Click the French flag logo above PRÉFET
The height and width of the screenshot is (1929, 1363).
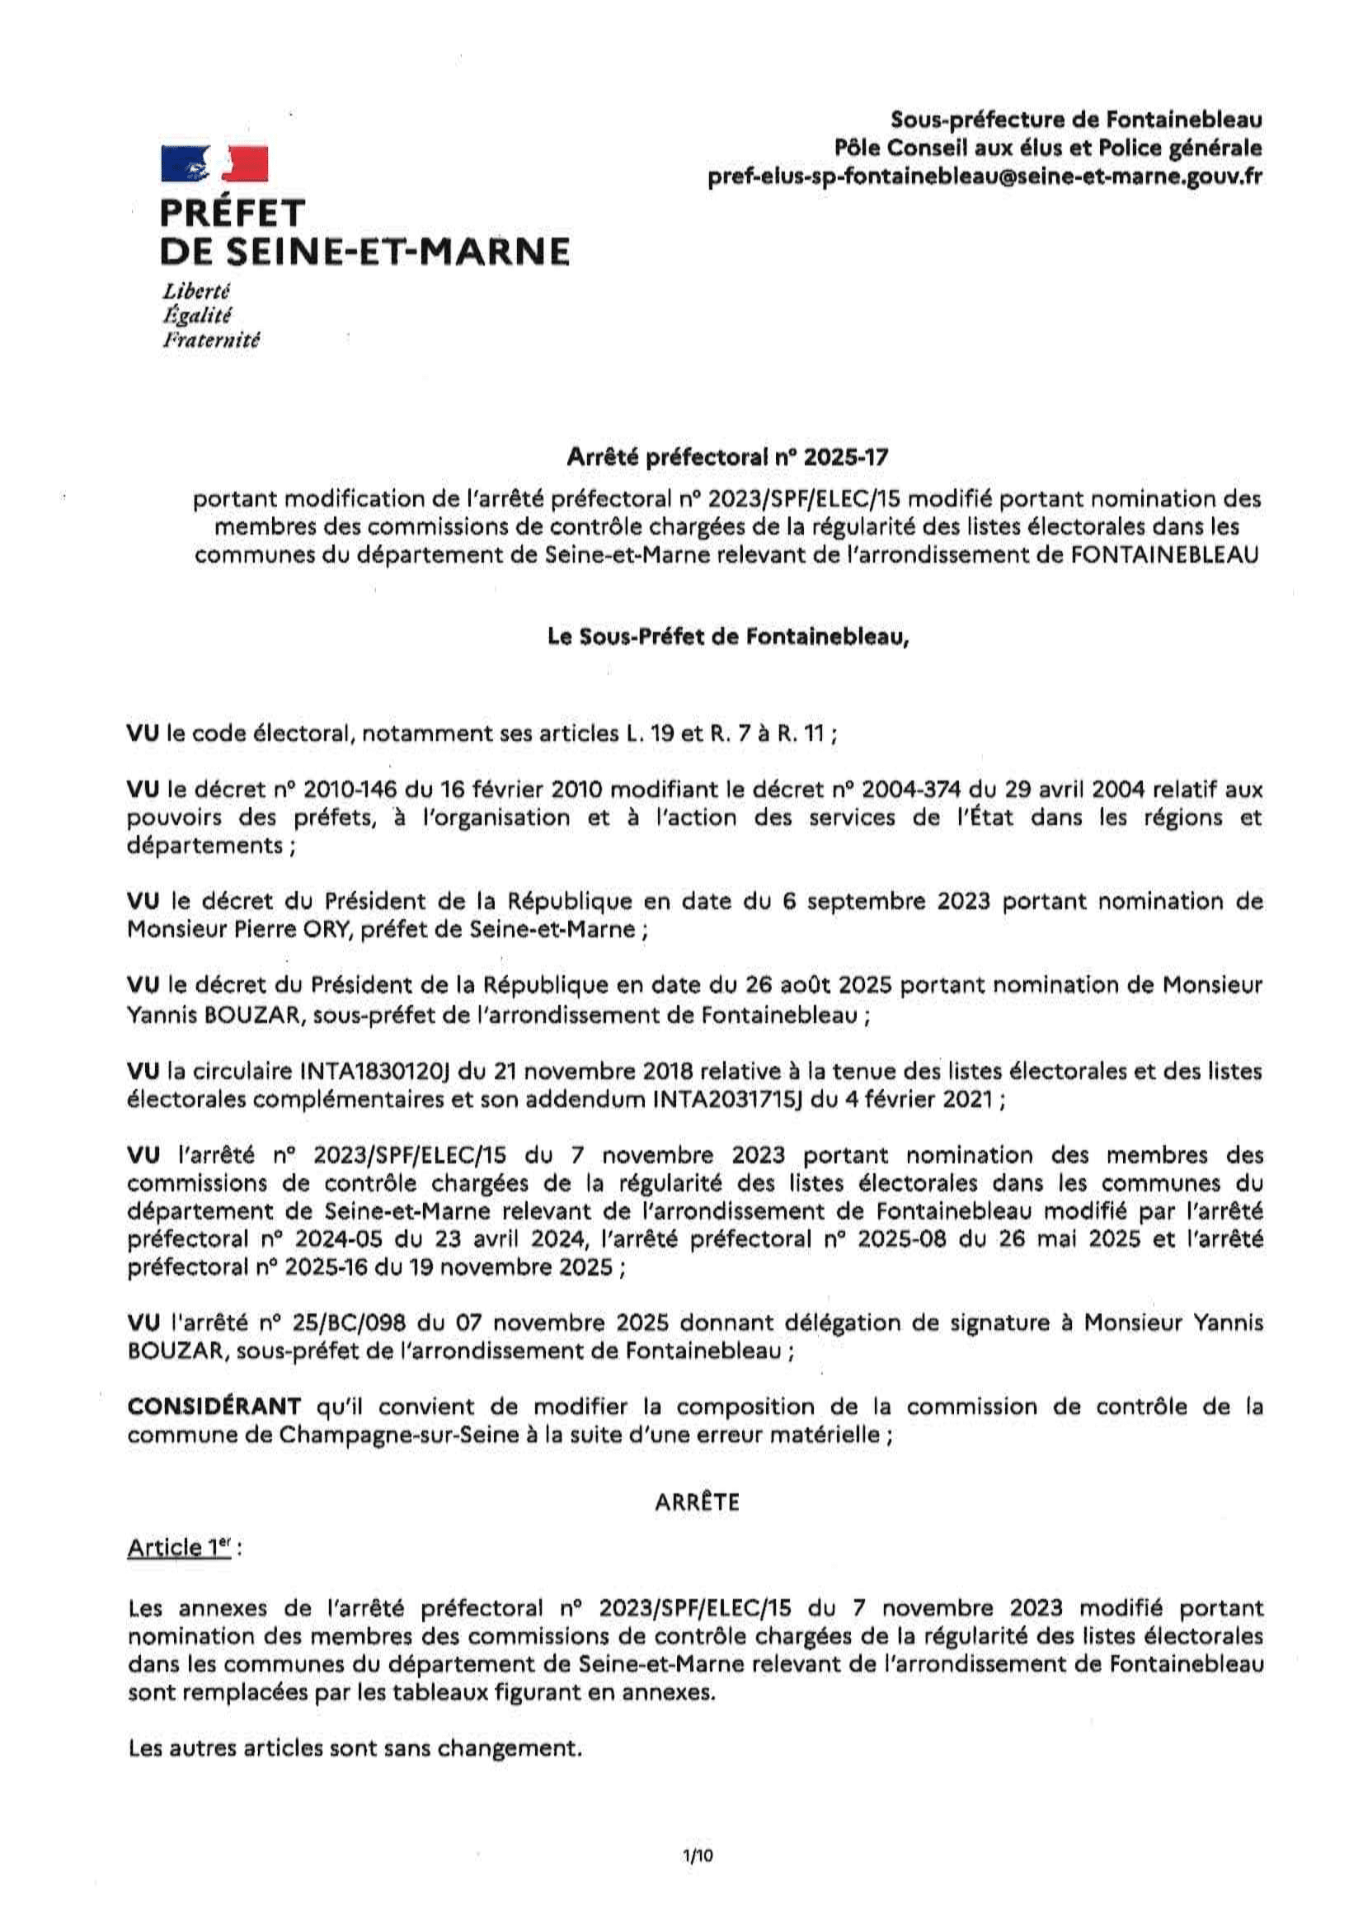click(x=214, y=163)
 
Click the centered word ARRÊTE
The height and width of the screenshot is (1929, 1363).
click(x=697, y=1503)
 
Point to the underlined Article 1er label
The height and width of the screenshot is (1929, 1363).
click(x=179, y=1548)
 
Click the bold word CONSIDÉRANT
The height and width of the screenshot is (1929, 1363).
click(x=214, y=1407)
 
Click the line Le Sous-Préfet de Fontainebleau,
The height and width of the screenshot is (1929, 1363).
click(x=728, y=638)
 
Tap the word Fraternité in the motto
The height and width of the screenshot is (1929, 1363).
click(x=212, y=340)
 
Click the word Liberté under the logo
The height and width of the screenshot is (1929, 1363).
click(x=195, y=291)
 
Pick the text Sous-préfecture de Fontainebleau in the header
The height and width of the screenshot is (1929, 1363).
click(x=1076, y=120)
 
